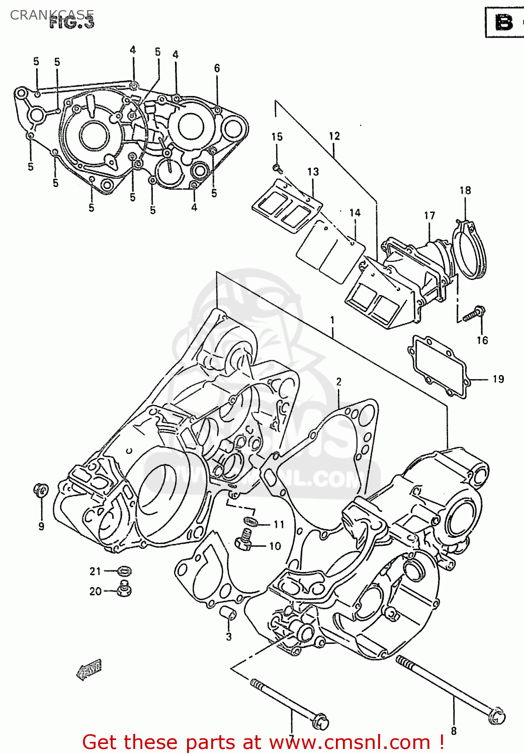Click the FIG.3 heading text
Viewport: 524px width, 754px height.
pyautogui.click(x=72, y=23)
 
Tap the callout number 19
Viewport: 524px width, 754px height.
pyautogui.click(x=498, y=379)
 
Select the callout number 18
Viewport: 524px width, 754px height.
pyautogui.click(x=465, y=190)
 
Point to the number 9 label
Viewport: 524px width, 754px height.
pyautogui.click(x=41, y=526)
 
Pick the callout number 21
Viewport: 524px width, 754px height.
pyautogui.click(x=96, y=571)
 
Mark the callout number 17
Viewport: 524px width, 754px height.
pyautogui.click(x=429, y=216)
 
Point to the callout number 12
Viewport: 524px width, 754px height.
pyautogui.click(x=334, y=136)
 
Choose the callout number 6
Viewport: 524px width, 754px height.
pyautogui.click(x=217, y=68)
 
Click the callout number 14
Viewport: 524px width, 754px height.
pyautogui.click(x=355, y=213)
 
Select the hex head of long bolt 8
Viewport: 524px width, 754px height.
pyautogui.click(x=497, y=716)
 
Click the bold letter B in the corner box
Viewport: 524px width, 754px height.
pyautogui.click(x=504, y=23)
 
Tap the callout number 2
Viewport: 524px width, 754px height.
pyautogui.click(x=339, y=382)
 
